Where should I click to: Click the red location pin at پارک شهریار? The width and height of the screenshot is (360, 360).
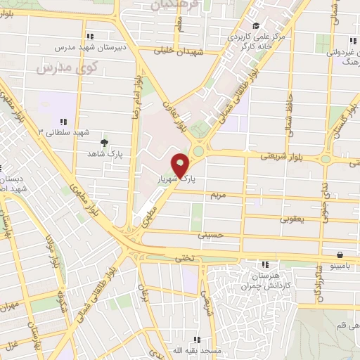click(181, 165)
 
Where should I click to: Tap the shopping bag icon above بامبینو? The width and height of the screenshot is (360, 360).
click(340, 255)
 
